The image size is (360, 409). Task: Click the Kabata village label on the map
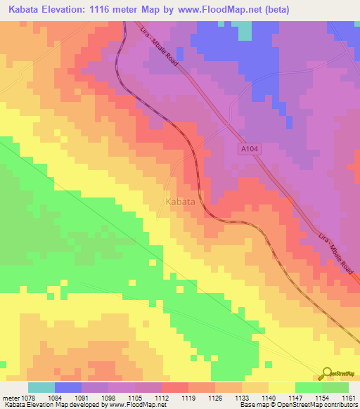coord(180,202)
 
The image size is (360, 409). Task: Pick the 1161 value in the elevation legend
coord(349,398)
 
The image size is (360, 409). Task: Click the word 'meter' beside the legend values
coord(8,398)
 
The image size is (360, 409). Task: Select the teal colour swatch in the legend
coord(41,387)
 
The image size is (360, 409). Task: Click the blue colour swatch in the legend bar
coord(68,387)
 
